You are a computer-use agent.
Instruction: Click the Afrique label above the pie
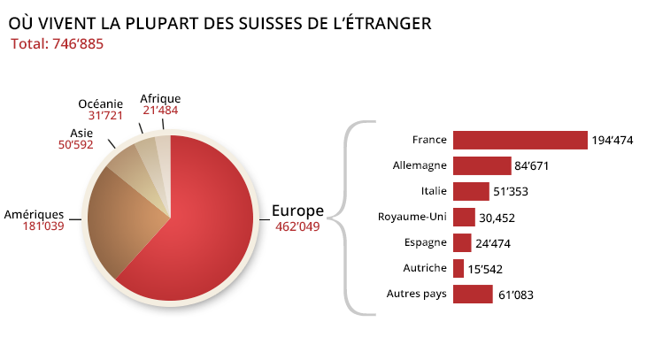click(x=160, y=98)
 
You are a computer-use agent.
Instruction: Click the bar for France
click(x=520, y=140)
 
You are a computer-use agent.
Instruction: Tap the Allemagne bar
click(x=482, y=165)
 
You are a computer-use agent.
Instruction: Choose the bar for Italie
click(x=470, y=191)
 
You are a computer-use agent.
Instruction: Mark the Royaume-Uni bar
click(x=463, y=217)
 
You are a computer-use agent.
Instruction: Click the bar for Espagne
click(x=461, y=242)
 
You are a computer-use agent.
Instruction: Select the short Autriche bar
click(x=458, y=268)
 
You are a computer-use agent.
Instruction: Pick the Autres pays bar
click(x=472, y=294)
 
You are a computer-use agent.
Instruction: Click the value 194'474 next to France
click(x=613, y=141)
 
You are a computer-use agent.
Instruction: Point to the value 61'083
click(x=516, y=295)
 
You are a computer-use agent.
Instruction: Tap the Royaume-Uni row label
click(x=411, y=217)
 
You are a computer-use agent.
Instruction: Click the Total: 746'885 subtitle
click(x=58, y=42)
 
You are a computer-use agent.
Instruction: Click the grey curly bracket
click(x=352, y=217)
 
